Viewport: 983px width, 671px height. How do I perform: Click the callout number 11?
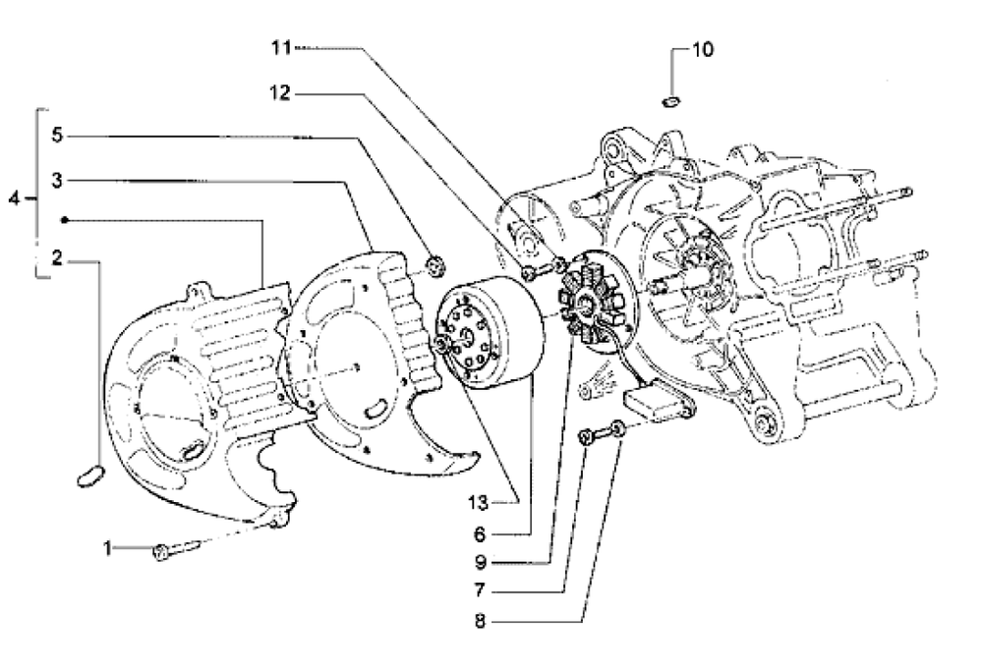[x=282, y=46]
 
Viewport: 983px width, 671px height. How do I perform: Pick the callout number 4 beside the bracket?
[x=14, y=198]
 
